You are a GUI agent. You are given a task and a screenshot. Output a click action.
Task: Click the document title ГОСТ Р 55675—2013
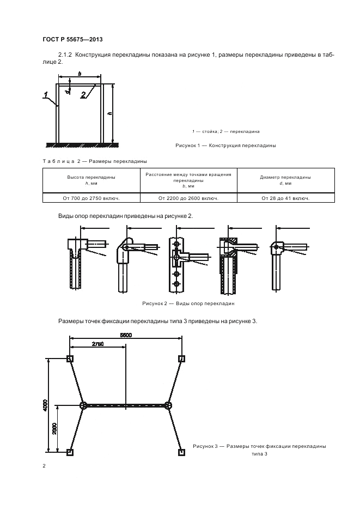click(x=72, y=39)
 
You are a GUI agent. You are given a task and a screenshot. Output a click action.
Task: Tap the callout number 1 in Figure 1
click(x=46, y=95)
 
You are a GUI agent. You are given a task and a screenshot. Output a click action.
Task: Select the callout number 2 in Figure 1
click(x=83, y=95)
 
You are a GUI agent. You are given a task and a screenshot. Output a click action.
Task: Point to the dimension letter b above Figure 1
click(x=80, y=74)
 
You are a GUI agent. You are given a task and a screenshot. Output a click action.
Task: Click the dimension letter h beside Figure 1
click(x=109, y=113)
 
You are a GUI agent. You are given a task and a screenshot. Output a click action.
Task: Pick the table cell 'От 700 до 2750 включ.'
click(x=91, y=198)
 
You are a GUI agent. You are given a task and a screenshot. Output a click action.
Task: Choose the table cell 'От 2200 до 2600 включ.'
click(x=188, y=198)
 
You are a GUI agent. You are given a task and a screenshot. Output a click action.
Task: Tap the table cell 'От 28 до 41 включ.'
click(x=285, y=198)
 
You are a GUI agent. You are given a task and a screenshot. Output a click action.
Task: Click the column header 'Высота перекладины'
click(x=91, y=177)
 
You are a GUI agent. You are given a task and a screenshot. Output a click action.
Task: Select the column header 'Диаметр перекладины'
click(x=285, y=177)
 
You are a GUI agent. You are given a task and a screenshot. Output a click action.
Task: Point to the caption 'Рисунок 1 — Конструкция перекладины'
click(x=225, y=145)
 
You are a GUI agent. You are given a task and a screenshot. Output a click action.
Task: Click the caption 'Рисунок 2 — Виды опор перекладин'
click(x=188, y=303)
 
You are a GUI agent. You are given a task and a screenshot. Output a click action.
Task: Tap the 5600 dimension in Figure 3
click(x=126, y=335)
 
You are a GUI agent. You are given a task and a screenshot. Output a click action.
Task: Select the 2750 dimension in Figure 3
click(x=98, y=344)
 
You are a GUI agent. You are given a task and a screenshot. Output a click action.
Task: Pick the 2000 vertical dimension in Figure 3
click(x=54, y=429)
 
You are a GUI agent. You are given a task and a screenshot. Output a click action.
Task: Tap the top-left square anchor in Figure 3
click(x=70, y=359)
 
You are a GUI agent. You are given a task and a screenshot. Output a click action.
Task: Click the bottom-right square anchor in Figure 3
click(x=182, y=452)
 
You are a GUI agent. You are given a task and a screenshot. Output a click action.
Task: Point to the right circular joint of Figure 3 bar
click(x=168, y=405)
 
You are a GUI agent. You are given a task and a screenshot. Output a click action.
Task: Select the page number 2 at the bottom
click(x=44, y=466)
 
